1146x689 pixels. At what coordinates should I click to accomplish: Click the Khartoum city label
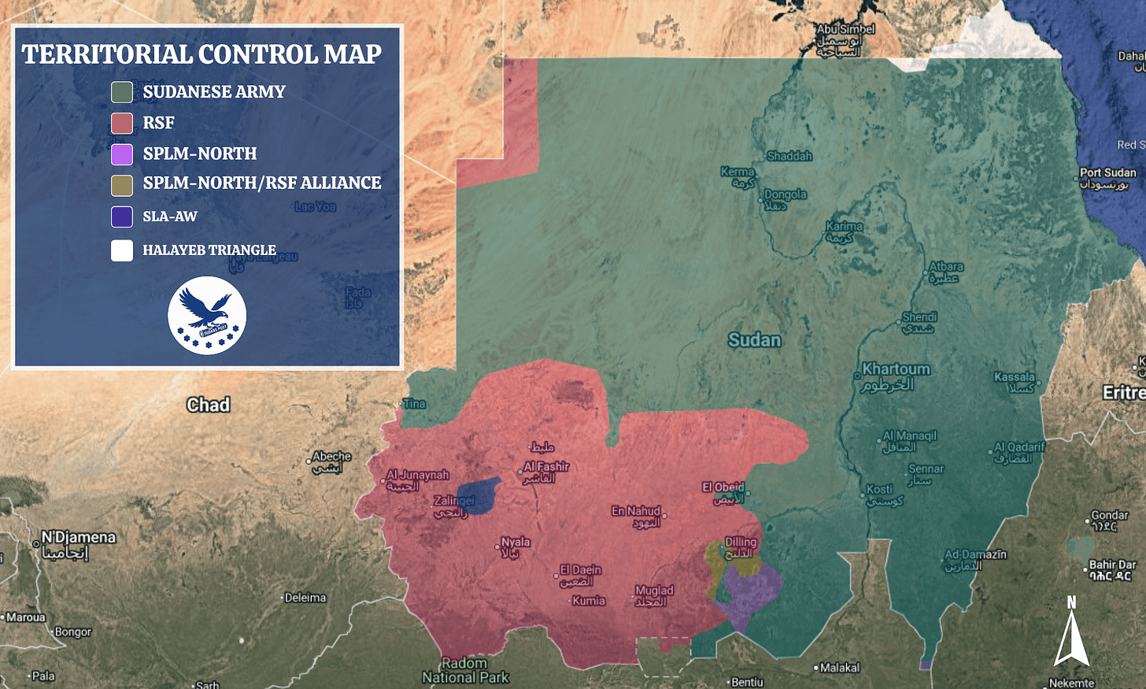[x=896, y=369]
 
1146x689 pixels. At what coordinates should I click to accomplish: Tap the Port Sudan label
[x=1107, y=173]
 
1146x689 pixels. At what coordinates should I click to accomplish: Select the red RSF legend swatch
[x=122, y=123]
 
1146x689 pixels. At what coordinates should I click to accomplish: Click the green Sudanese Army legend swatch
[x=122, y=92]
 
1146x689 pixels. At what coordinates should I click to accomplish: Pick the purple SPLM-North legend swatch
[x=122, y=154]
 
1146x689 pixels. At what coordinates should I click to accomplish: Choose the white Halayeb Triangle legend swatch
[x=122, y=250]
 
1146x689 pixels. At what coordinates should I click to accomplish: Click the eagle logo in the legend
[x=207, y=315]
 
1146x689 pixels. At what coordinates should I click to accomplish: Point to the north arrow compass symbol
[x=1071, y=634]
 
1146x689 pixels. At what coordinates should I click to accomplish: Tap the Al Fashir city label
[x=546, y=467]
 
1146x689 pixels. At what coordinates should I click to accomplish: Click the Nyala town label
[x=516, y=543]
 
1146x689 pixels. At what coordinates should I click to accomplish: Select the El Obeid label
[x=723, y=487]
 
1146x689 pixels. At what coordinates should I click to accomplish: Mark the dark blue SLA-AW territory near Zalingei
[x=479, y=494]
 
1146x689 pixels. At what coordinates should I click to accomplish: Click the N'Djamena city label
[x=78, y=538]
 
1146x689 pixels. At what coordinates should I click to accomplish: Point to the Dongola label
[x=785, y=194]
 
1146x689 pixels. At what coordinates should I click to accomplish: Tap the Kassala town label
[x=1015, y=377]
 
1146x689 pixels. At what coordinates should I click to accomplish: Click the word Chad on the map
[x=209, y=405]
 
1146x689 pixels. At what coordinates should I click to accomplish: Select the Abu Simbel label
[x=845, y=29]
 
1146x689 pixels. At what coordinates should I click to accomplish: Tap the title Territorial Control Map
[x=201, y=54]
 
